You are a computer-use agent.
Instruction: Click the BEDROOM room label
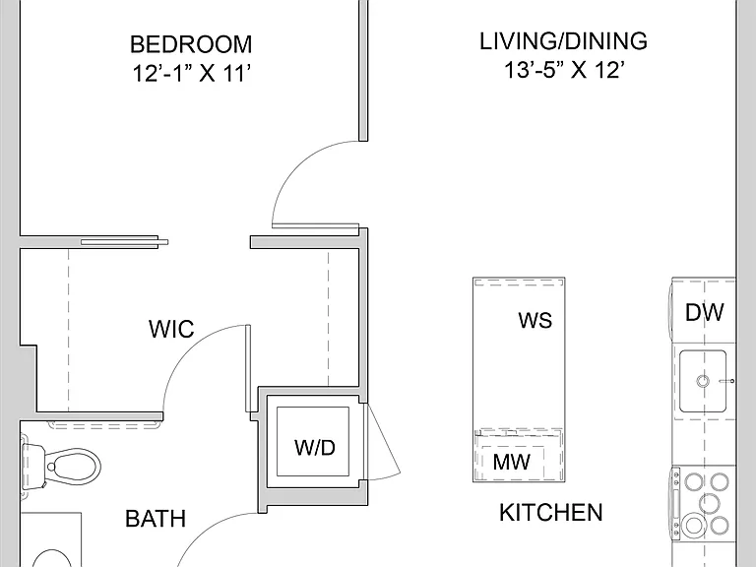coord(191,44)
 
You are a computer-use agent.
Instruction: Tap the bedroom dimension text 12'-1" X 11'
coord(191,74)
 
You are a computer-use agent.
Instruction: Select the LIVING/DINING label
coord(563,41)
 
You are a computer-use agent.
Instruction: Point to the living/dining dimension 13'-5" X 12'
coord(564,70)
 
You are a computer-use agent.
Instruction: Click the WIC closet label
coord(171,329)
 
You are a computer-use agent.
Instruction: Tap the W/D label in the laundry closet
coord(315,448)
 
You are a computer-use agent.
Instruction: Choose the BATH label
coord(156,519)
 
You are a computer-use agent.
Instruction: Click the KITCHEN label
coord(550,512)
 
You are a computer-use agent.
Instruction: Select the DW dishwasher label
coord(705,312)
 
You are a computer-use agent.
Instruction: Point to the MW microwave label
coord(511,462)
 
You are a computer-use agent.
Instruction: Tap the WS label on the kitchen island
coord(535,320)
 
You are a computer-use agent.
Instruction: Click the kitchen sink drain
coord(703,381)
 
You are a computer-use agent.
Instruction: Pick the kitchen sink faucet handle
coord(726,381)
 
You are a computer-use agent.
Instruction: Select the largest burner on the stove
coord(694,526)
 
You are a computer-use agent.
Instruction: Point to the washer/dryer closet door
coord(383,440)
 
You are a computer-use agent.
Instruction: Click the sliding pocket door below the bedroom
coord(124,242)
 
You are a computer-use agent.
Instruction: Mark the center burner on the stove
coord(709,502)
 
